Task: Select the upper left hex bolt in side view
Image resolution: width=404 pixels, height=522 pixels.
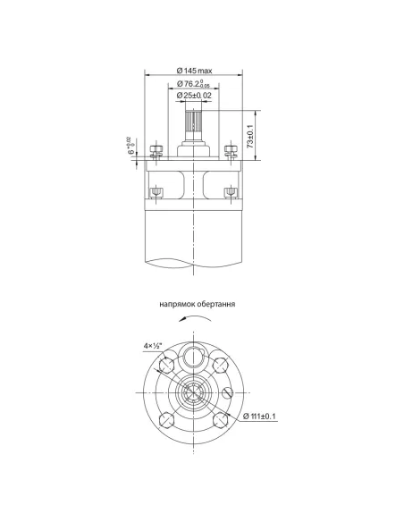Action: point(156,150)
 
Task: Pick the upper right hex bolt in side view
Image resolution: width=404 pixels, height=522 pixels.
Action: point(232,150)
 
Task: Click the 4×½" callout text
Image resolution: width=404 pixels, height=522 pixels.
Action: point(153,344)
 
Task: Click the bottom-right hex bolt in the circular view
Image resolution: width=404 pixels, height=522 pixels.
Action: point(221,421)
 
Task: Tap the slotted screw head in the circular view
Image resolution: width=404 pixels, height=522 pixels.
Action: point(228,393)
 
